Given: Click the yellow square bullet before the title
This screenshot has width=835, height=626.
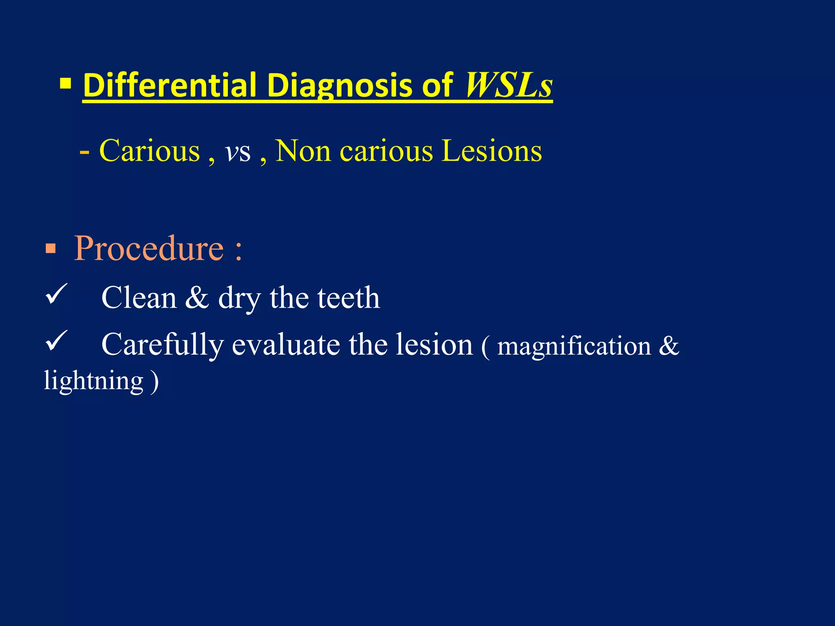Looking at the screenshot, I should coord(65,84).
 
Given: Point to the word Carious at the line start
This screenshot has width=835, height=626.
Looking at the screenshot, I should coord(150,151).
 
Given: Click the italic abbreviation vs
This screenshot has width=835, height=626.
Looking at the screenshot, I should coord(238,152).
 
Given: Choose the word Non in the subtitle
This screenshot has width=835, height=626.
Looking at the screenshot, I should coord(303,151).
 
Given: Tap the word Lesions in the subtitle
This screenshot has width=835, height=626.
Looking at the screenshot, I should coord(492,151).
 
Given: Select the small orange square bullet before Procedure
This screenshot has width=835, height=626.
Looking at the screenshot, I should coord(51,248).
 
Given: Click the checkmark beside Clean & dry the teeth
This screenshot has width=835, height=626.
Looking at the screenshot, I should coord(55,294).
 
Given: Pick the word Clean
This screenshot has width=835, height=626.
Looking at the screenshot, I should coord(139,298).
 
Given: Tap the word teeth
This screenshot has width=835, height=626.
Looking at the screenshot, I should coord(349,298).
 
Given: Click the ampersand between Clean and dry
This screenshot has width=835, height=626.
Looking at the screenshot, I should coord(197,298).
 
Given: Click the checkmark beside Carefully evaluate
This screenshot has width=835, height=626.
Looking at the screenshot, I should coord(55,341).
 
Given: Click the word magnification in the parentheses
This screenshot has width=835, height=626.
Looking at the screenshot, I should coord(574,347).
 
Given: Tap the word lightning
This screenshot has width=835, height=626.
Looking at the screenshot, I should coord(94,381).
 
